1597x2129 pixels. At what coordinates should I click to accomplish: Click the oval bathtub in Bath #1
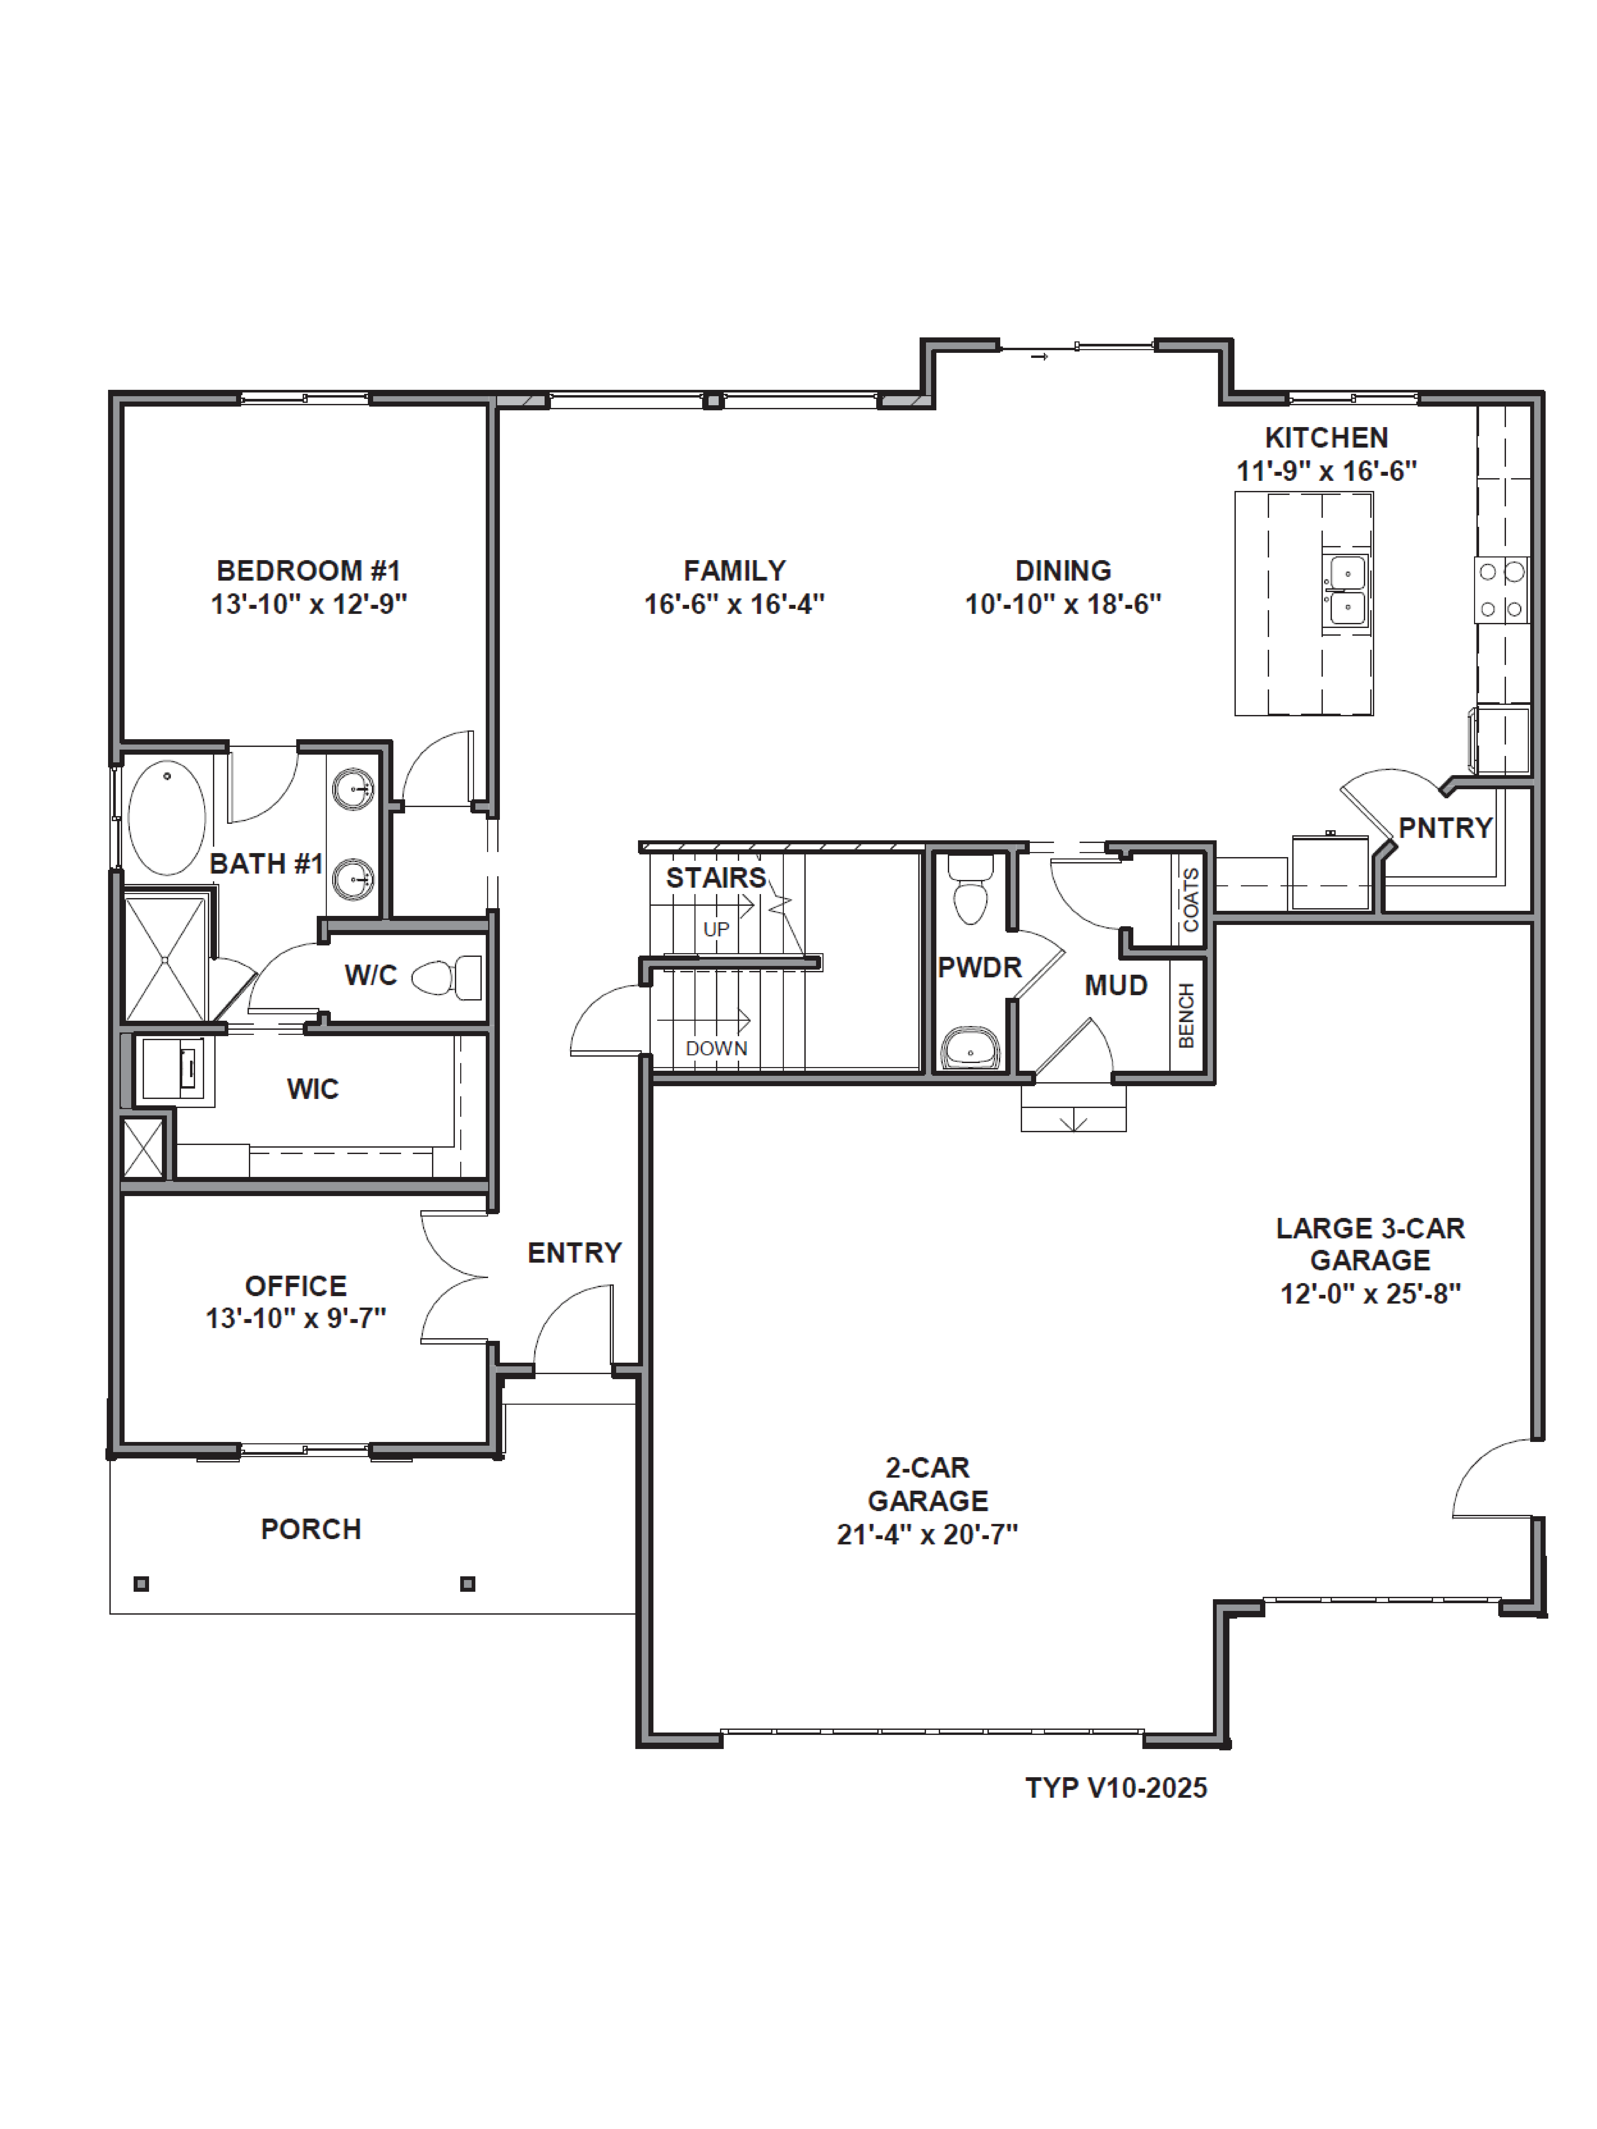pos(167,817)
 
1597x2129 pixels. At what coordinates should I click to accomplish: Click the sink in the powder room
pos(970,1048)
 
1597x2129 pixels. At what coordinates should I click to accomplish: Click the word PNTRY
pos(1445,828)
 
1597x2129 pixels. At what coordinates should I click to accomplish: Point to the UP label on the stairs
pos(716,930)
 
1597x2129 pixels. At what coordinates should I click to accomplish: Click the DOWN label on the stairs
pos(716,1048)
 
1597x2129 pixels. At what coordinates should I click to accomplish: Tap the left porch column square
pos(142,1583)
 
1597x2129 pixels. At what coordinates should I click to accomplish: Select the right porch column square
pos(468,1583)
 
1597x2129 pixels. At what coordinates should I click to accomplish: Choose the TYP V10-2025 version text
pos(1116,1787)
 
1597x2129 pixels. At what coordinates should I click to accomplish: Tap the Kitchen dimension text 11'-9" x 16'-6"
pos(1327,471)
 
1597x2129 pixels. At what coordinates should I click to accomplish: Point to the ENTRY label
pos(575,1252)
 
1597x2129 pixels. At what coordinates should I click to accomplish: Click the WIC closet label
pos(313,1089)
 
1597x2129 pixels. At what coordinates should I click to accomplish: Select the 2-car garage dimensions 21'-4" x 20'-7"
pos(927,1534)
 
